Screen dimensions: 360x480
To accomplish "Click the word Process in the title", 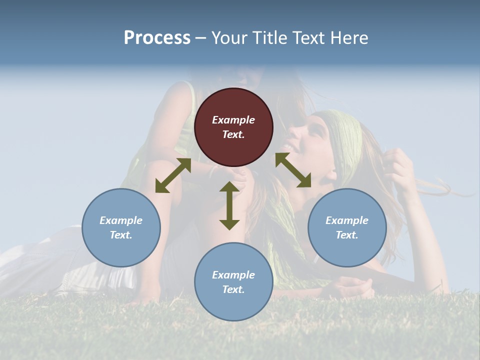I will click(x=157, y=38).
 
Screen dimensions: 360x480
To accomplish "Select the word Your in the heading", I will click(x=228, y=38).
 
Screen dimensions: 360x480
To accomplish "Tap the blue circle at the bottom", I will click(x=233, y=305).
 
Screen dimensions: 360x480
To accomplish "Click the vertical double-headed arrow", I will click(x=229, y=206).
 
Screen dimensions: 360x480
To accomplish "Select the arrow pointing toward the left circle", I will click(x=173, y=175).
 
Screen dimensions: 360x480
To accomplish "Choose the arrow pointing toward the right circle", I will click(x=293, y=170).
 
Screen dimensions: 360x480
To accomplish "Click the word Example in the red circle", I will click(x=233, y=120).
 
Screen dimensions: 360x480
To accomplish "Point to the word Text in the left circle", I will click(x=121, y=235).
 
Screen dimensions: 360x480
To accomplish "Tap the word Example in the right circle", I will click(x=347, y=220).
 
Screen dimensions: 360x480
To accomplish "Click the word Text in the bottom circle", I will click(x=233, y=289).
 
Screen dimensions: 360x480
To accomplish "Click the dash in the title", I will click(x=201, y=38).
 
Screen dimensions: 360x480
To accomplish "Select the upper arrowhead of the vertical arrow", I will click(x=229, y=187).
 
